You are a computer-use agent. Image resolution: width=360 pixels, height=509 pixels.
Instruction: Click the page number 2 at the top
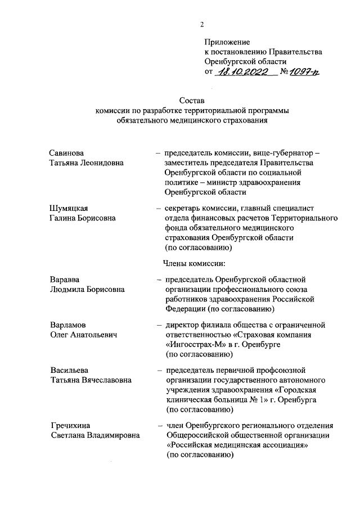[x=201, y=24]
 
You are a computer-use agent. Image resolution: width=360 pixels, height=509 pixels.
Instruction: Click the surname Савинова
[x=67, y=153]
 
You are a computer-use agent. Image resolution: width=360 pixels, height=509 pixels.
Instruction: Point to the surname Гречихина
[x=70, y=425]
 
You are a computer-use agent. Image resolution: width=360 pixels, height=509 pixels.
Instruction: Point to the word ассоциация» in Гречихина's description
[x=278, y=444]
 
